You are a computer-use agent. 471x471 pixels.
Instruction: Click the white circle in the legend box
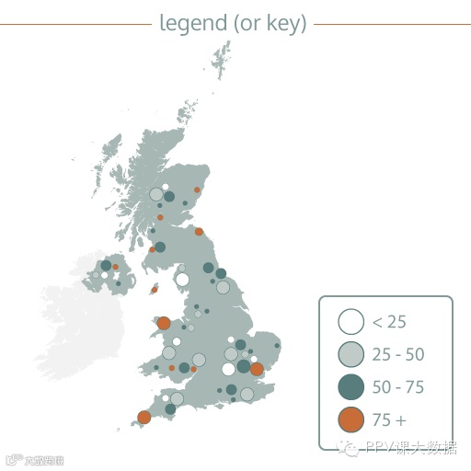tap(350, 322)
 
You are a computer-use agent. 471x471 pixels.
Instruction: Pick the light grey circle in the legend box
tap(350, 354)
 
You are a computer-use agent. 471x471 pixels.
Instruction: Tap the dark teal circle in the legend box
tap(350, 387)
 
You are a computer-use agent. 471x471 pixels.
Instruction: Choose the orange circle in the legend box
tap(350, 420)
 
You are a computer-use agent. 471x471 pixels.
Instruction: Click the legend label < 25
tap(389, 322)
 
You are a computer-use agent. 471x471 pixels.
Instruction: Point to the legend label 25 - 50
tap(397, 354)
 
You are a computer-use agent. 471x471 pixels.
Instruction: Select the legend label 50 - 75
tap(397, 387)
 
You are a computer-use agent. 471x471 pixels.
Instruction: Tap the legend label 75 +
tap(388, 420)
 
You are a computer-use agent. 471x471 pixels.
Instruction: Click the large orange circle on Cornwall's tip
tap(144, 418)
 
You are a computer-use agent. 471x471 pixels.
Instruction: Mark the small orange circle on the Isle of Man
tap(155, 290)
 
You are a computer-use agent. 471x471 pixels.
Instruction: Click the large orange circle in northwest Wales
tap(164, 323)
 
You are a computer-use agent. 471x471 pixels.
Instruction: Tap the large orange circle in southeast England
tap(257, 369)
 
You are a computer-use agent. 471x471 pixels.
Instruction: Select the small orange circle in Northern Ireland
tap(116, 267)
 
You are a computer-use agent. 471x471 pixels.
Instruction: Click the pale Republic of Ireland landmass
tap(74, 322)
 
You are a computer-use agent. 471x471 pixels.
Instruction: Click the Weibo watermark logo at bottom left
tap(13, 457)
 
